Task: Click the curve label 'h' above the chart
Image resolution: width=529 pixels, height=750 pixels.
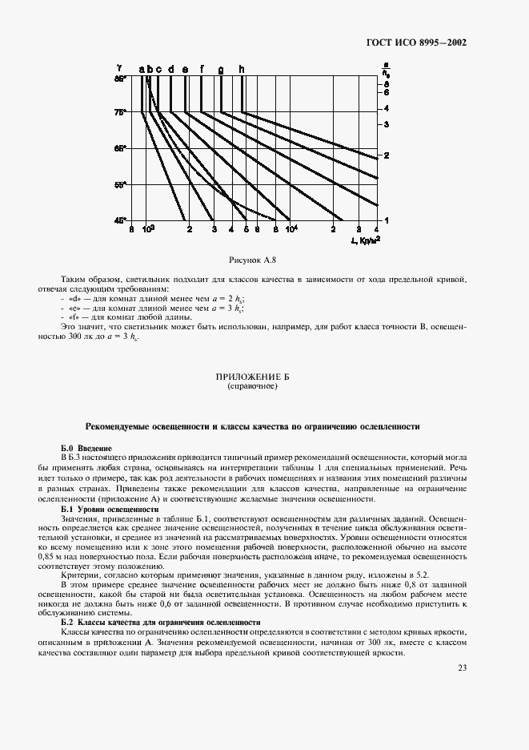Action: pos(242,70)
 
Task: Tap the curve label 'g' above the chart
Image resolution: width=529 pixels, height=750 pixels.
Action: pos(221,70)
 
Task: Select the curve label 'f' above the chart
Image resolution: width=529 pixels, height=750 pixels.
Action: pos(202,70)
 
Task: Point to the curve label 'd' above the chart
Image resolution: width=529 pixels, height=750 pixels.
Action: pos(170,70)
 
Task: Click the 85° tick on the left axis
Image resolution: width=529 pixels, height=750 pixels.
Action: pos(120,79)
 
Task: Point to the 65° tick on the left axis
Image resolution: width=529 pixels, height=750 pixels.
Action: pos(120,148)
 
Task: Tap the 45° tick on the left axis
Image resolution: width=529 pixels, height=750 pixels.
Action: pos(120,220)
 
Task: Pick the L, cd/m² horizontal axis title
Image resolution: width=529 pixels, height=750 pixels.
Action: pos(365,240)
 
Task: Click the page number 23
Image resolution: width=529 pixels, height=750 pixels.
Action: pos(463,667)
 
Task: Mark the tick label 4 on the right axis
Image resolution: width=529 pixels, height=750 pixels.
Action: pos(386,108)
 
